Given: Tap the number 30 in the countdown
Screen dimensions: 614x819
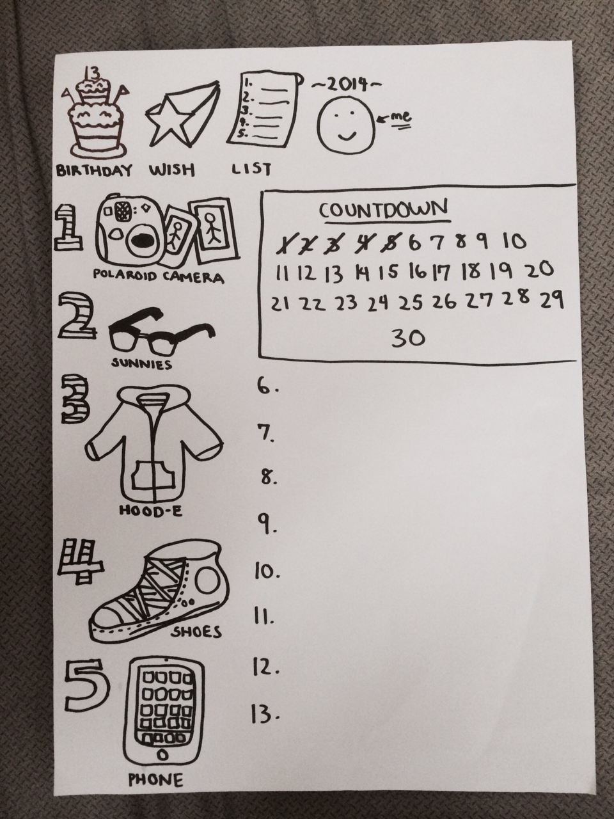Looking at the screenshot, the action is pos(408,338).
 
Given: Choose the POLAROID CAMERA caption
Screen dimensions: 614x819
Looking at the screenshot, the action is pos(159,277).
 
